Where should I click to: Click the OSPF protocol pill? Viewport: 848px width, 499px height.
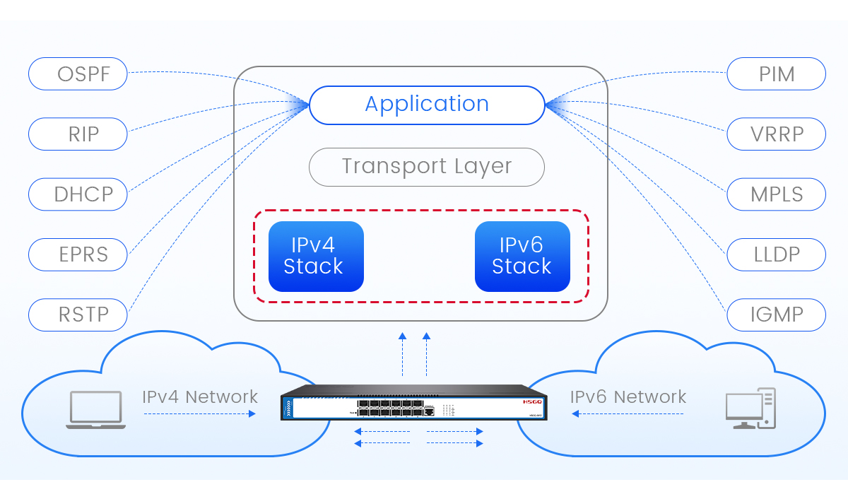click(x=78, y=74)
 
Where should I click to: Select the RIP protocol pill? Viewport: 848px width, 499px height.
click(x=78, y=134)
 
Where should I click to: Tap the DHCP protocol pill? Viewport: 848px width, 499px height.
click(x=78, y=194)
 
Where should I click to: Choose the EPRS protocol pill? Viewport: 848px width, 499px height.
click(x=78, y=254)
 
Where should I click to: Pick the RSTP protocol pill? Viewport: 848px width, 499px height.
click(x=78, y=314)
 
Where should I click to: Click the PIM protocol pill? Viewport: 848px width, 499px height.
click(x=776, y=74)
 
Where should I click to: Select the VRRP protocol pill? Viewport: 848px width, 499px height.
click(x=776, y=134)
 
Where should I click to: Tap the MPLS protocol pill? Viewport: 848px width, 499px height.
click(x=776, y=194)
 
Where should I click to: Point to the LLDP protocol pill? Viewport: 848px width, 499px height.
click(x=776, y=254)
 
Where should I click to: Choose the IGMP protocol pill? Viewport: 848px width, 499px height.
click(x=776, y=314)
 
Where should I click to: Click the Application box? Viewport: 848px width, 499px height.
click(x=427, y=105)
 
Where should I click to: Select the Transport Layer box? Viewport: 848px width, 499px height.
click(x=427, y=167)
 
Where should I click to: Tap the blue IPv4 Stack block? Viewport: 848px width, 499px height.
click(x=316, y=256)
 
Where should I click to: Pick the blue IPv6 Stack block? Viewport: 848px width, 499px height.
click(x=522, y=256)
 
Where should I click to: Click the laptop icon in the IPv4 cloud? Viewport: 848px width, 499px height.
click(x=96, y=411)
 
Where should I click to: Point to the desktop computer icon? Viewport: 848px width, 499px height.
click(x=750, y=409)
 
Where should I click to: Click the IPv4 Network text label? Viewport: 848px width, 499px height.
click(x=200, y=397)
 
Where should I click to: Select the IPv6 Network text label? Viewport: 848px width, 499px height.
click(x=628, y=397)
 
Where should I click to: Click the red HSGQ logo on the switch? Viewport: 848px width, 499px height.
click(x=531, y=401)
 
